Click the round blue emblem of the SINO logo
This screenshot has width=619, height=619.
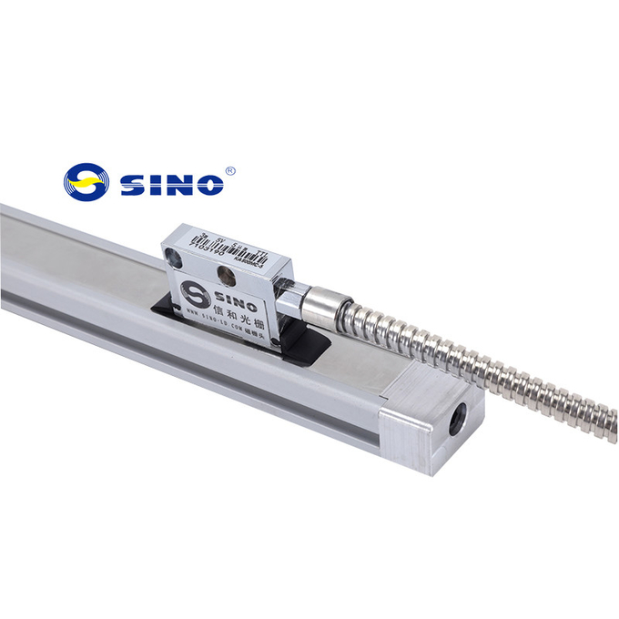(x=86, y=182)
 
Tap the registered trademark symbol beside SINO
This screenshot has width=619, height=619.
(x=229, y=170)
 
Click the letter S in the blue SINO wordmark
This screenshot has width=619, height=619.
(x=132, y=184)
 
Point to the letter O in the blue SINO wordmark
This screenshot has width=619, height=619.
(x=208, y=184)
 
